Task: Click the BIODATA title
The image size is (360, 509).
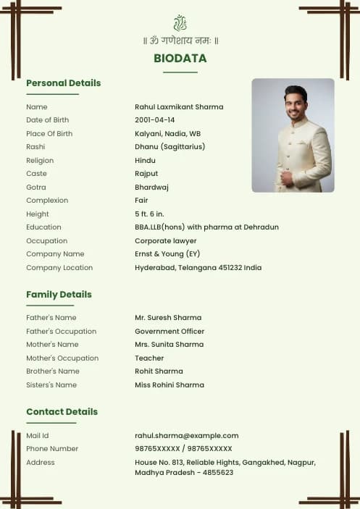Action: (180, 59)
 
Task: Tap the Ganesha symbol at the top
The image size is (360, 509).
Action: (180, 23)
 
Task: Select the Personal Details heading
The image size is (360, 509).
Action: (64, 83)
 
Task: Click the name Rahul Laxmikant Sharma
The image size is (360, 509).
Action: (179, 107)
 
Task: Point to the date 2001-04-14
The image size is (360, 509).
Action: (155, 120)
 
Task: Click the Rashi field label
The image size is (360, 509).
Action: (35, 147)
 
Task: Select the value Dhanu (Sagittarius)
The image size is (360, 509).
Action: (169, 147)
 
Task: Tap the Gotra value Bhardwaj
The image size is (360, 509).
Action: (151, 187)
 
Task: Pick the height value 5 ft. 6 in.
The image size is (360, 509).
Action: (150, 214)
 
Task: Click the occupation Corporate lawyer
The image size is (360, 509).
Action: (166, 241)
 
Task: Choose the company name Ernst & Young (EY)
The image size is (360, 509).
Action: (167, 254)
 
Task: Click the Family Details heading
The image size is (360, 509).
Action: (59, 295)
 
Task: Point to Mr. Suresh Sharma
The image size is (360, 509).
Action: (168, 318)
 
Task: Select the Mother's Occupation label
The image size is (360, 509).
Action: (62, 358)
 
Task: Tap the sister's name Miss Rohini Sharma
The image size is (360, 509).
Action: (169, 385)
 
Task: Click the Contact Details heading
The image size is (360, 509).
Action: (62, 412)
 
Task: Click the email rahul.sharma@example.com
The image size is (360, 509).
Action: (187, 436)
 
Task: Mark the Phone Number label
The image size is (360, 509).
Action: (52, 449)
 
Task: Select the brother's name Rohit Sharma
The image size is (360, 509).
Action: (159, 371)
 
